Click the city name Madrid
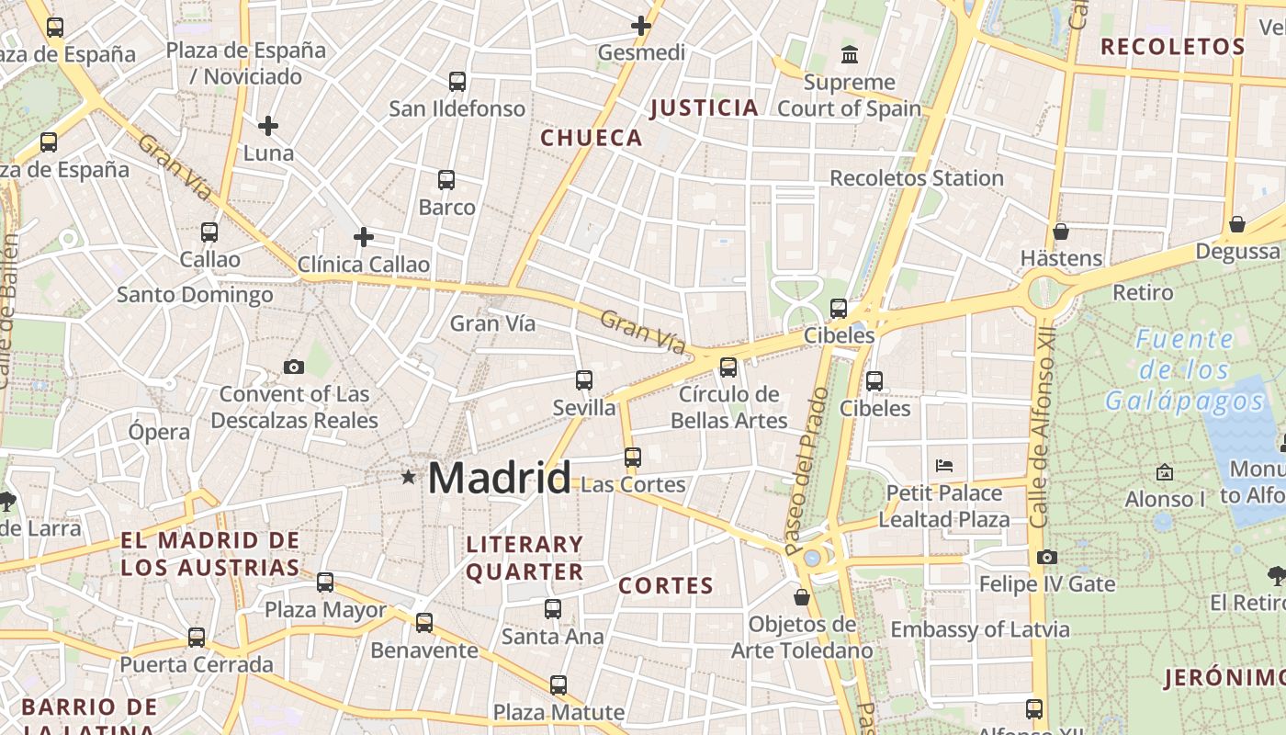pos(499,479)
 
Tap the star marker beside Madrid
pos(408,477)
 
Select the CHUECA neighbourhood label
pos(592,138)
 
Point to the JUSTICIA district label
pos(705,108)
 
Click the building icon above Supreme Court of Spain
pos(850,55)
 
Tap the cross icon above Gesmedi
pos(641,26)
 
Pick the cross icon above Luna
pos(268,125)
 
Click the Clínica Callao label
pos(364,265)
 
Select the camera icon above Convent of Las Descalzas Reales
pos(294,367)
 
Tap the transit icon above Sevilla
pos(584,379)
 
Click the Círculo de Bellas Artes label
pos(729,407)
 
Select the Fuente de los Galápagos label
pos(1185,369)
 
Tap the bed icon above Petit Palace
pos(943,466)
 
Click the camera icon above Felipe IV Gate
pos(1046,557)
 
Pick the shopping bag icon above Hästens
pos(1061,232)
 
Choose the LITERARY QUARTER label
pos(525,558)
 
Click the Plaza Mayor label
pos(325,609)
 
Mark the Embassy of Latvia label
pos(980,629)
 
